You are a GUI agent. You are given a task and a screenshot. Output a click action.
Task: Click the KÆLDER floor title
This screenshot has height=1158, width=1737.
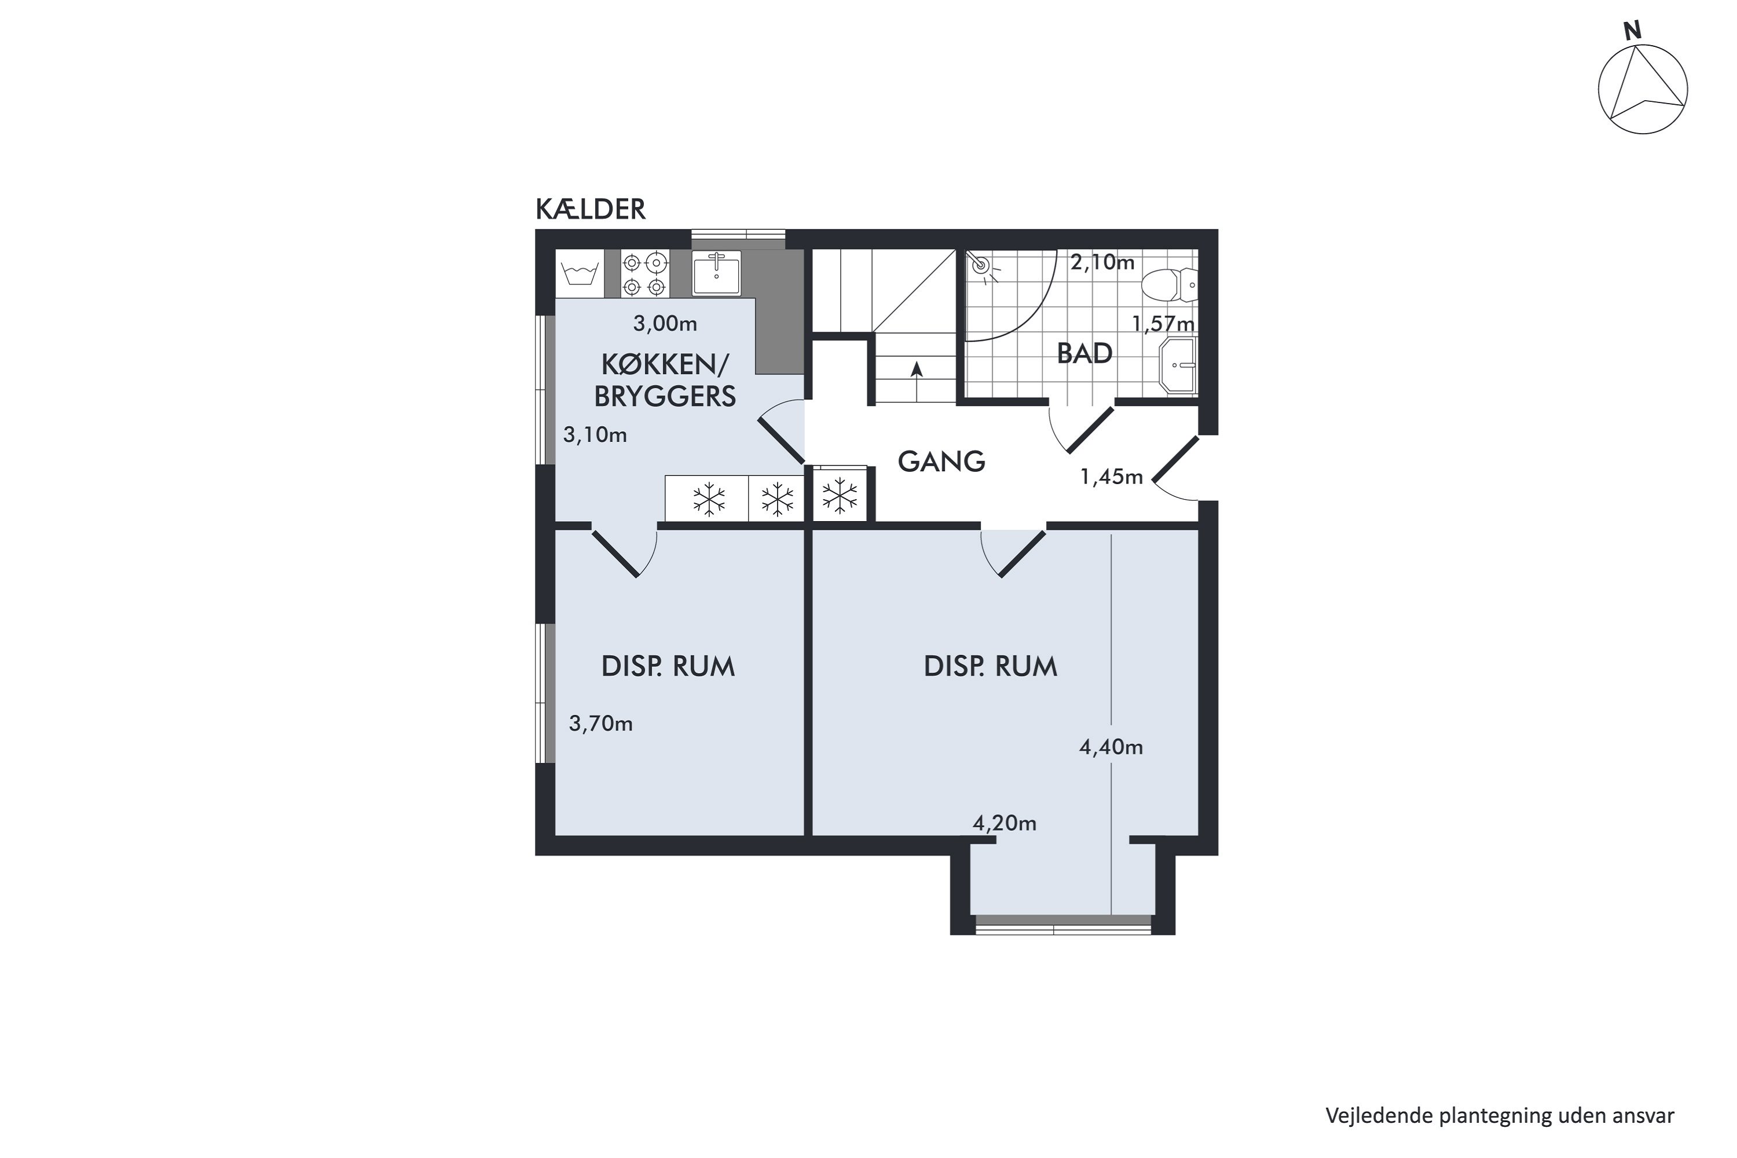(590, 210)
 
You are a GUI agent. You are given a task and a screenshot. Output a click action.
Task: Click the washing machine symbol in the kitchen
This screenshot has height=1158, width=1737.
(580, 274)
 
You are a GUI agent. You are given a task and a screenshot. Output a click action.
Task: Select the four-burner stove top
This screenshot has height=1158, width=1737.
(645, 274)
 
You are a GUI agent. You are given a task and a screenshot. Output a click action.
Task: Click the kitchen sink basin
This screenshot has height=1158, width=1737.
(716, 273)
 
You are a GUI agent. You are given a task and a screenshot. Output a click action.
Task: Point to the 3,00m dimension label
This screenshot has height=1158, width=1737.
(665, 324)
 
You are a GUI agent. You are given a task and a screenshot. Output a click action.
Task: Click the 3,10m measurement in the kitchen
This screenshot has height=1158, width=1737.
(595, 435)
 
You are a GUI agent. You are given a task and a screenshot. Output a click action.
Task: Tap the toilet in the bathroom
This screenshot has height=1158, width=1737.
(1168, 285)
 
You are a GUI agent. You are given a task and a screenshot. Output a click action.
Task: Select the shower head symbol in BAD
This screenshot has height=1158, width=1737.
(982, 267)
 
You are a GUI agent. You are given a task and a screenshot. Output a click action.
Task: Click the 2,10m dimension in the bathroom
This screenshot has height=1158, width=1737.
(1102, 262)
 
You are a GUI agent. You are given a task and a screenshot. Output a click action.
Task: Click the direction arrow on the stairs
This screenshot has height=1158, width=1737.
(917, 381)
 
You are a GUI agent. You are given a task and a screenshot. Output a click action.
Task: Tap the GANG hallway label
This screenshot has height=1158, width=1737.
(941, 461)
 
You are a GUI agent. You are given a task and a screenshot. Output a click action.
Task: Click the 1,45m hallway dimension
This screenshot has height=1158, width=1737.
(1112, 477)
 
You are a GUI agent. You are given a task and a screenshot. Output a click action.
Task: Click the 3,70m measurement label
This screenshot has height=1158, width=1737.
(600, 724)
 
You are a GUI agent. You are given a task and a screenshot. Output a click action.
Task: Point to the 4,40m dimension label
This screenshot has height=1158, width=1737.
(1111, 747)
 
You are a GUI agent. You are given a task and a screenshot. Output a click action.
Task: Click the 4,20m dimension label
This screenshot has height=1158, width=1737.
(1005, 823)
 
